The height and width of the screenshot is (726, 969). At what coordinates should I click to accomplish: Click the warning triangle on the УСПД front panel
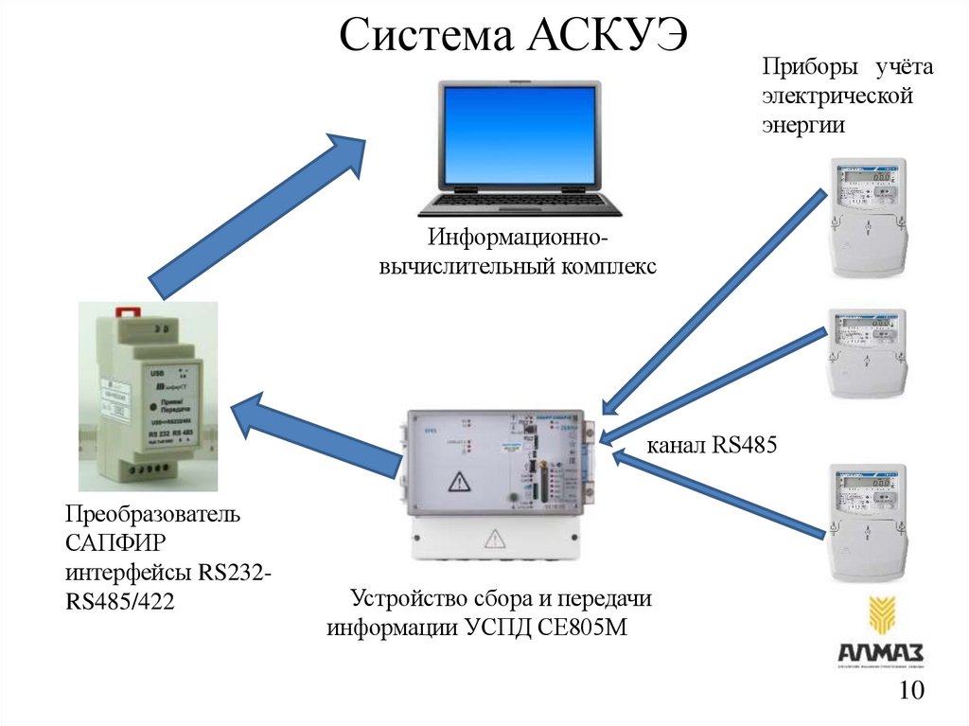[x=459, y=481]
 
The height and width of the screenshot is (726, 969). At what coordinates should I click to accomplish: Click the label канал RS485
[x=711, y=445]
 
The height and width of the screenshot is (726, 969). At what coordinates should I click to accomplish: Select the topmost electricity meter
[x=869, y=217]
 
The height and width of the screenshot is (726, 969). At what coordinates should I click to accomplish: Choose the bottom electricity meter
[x=868, y=521]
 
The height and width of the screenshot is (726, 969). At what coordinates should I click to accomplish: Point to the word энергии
[x=803, y=125]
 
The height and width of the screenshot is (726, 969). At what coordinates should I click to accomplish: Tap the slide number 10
[x=911, y=692]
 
